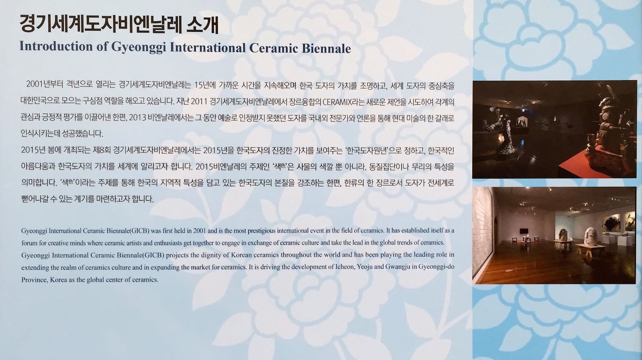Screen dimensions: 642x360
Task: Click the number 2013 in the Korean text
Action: pyautogui.click(x=138, y=118)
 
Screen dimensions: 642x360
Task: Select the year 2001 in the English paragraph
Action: pyautogui.click(x=199, y=231)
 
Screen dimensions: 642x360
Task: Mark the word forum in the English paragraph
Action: pyautogui.click(x=28, y=243)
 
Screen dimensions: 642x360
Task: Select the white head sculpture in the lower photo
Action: pyautogui.click(x=590, y=236)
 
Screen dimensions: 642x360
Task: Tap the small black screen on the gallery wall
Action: pyautogui.click(x=524, y=231)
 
